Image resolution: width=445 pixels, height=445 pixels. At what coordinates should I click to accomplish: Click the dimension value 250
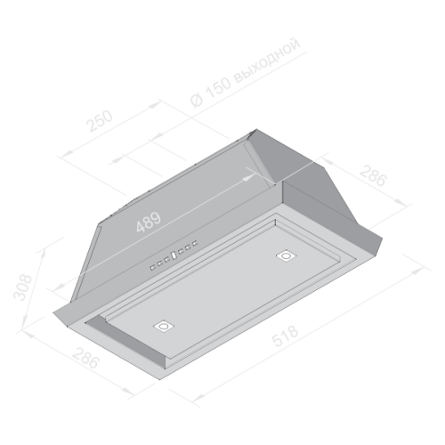(100, 121)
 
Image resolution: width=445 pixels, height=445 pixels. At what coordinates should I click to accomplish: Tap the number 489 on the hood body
(149, 222)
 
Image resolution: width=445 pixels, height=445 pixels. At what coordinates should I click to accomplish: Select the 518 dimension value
(285, 336)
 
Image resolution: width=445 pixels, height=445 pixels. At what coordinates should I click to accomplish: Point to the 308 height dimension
(22, 287)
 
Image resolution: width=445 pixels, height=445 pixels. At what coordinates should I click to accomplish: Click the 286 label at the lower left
(85, 359)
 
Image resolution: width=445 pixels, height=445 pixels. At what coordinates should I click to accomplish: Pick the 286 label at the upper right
(374, 175)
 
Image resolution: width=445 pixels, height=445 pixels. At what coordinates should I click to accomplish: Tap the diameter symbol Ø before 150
(197, 100)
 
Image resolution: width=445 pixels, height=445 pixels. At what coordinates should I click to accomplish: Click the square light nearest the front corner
(164, 326)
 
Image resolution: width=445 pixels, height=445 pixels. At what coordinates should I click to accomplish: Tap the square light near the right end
(287, 255)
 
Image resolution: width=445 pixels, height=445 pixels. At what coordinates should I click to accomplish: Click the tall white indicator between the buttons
(174, 255)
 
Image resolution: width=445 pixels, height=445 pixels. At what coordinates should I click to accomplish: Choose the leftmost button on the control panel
(153, 267)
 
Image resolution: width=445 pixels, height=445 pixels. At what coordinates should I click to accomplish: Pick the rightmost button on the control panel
(195, 244)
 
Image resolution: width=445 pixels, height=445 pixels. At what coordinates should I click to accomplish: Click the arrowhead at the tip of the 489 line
(248, 177)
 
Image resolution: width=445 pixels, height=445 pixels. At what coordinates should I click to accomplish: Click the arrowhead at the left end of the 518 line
(198, 397)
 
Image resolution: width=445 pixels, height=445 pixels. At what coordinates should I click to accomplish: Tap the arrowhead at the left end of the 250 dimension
(67, 153)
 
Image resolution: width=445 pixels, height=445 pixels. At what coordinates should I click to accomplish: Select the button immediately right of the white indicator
(181, 252)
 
